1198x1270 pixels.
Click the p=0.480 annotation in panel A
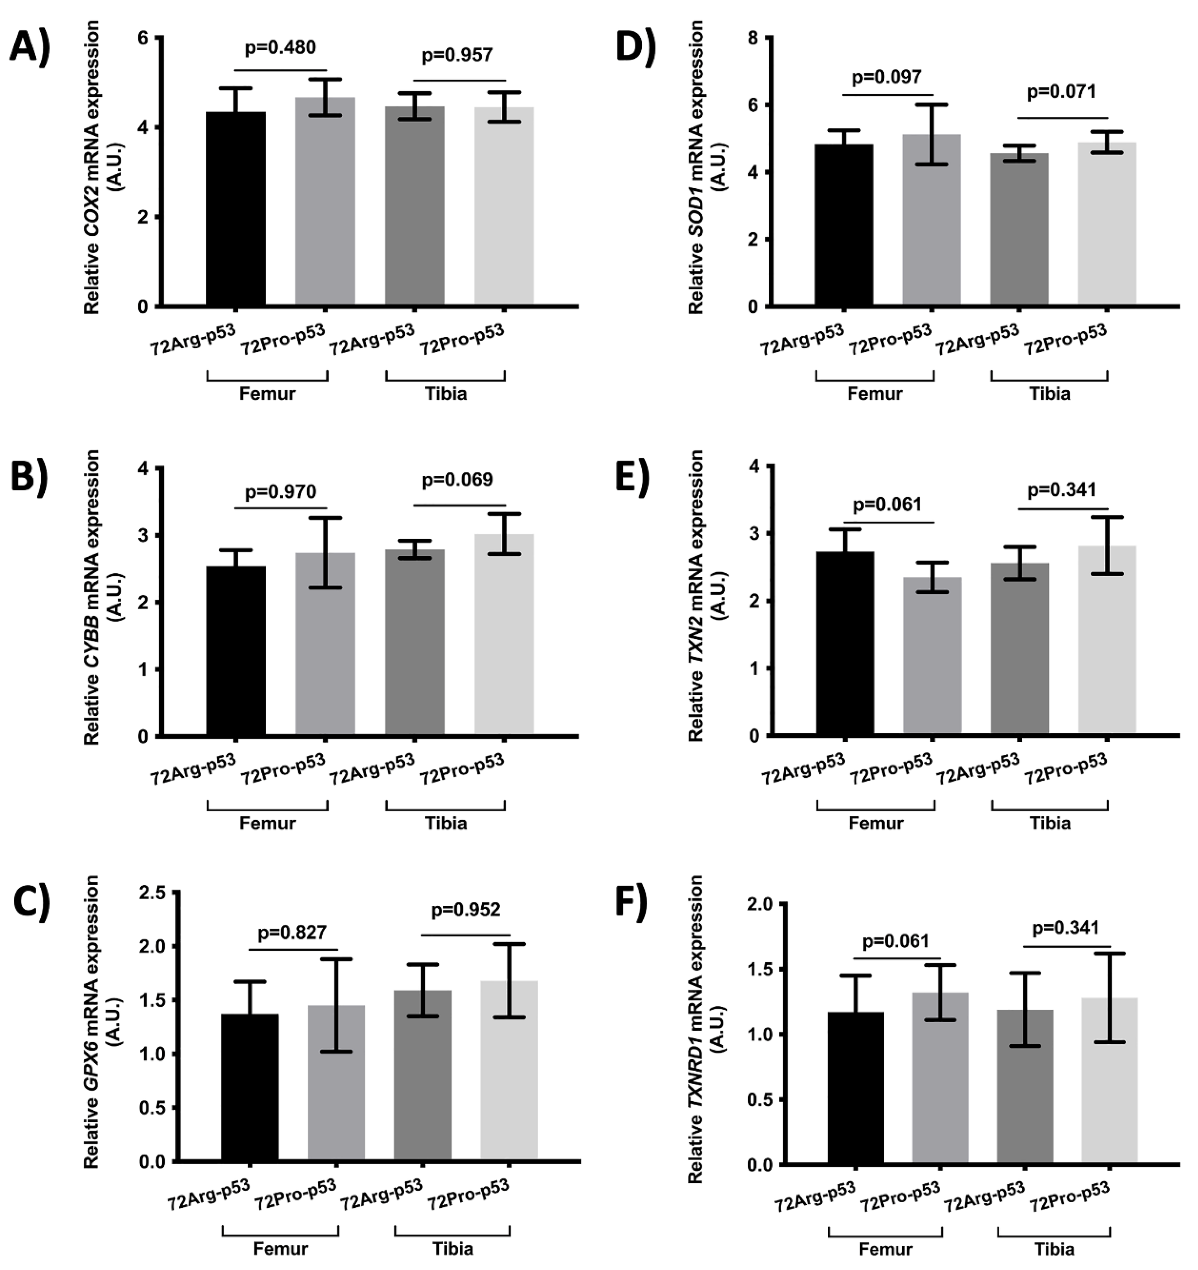pos(280,47)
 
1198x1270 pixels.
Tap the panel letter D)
pos(635,48)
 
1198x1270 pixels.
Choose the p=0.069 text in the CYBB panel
pos(457,480)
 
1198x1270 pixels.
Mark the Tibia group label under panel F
pos(1054,1249)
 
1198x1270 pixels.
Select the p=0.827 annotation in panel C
pos(292,933)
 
